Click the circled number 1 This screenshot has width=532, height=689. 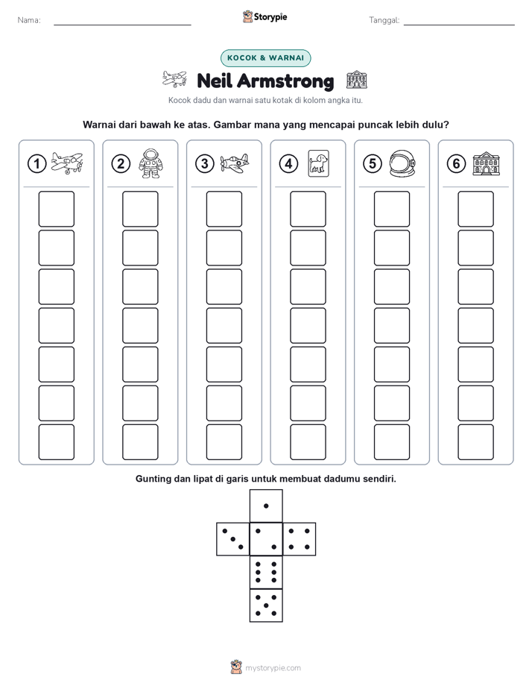tap(37, 164)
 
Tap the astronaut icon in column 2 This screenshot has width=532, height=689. tap(151, 163)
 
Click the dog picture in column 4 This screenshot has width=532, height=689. tap(319, 163)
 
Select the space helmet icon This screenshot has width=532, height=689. tap(402, 163)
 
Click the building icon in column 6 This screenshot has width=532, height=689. tap(487, 164)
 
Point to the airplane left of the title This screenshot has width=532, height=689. tap(174, 79)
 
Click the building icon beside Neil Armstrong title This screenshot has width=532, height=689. tap(356, 80)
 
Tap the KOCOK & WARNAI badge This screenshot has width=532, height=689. tap(265, 58)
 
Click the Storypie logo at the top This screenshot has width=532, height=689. tap(265, 17)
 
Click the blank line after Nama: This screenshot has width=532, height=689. tap(122, 25)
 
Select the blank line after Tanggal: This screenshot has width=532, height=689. tap(459, 25)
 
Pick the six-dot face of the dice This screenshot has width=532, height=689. tap(266, 572)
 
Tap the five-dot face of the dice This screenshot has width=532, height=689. tap(266, 605)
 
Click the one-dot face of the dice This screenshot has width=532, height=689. tap(266, 506)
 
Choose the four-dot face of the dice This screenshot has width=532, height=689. tap(300, 539)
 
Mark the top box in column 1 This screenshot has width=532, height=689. tap(56, 209)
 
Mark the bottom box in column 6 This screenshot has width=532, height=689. tap(476, 442)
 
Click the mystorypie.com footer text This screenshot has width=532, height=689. tap(273, 668)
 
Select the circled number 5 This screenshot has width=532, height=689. tap(373, 164)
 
